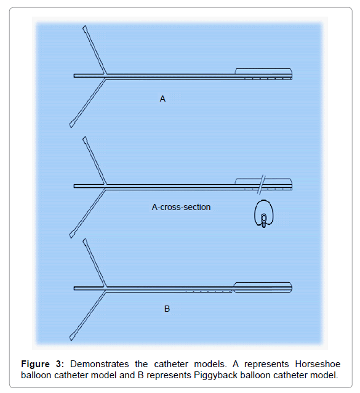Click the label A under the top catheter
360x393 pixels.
pos(162,99)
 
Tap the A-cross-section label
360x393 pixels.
pos(181,207)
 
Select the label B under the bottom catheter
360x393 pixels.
pos(167,309)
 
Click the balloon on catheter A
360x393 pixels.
pos(263,71)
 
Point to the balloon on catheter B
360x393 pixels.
pos(263,288)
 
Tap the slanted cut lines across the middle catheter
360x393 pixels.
pos(262,185)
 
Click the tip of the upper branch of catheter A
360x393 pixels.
pos(84,27)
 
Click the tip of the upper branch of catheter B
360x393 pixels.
pos(84,240)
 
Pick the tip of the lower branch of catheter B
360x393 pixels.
pos(71,338)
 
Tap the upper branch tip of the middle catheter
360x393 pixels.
pos(84,138)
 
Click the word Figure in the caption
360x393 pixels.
pos(35,364)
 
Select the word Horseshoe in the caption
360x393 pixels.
pos(318,364)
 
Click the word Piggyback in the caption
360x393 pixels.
pos(215,375)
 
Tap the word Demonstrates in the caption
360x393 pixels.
pos(100,364)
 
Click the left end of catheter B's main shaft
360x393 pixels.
pos(74,288)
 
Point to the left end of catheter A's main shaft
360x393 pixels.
pos(74,76)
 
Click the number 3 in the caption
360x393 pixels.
pos(59,364)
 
